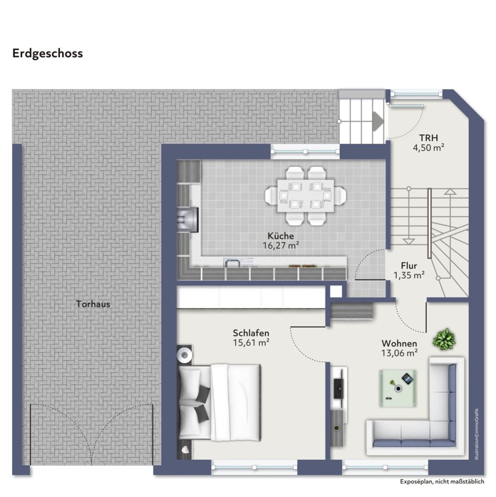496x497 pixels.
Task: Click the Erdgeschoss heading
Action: tap(48, 54)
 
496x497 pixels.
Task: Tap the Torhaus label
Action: tap(93, 304)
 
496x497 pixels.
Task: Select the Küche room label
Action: tap(281, 236)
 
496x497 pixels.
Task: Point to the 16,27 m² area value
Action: tap(281, 246)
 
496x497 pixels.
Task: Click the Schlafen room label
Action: tap(251, 333)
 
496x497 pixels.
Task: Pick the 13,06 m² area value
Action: tap(399, 353)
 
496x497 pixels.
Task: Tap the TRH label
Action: tap(428, 138)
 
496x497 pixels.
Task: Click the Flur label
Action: tap(409, 265)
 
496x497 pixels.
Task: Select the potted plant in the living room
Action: tap(444, 339)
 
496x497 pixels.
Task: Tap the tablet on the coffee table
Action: tap(407, 378)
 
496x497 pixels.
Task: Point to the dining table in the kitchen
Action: tap(306, 195)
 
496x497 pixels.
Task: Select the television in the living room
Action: tap(339, 388)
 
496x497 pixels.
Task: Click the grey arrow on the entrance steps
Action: tap(378, 121)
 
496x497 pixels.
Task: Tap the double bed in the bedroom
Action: tap(219, 402)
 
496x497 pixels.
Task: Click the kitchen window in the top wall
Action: tap(305, 152)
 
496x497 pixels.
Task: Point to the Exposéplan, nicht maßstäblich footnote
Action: tap(442, 482)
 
